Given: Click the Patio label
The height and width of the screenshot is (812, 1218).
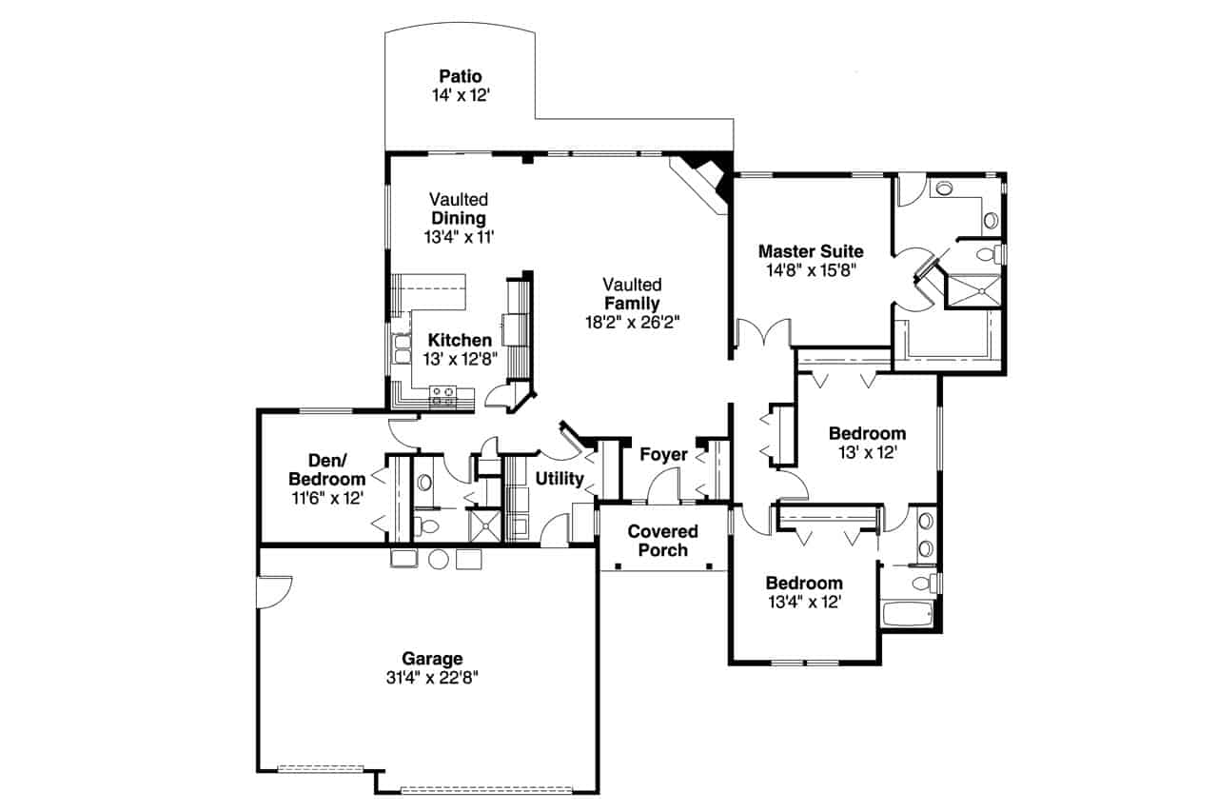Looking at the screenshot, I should [460, 76].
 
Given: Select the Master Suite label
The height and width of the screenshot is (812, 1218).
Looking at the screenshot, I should [811, 251].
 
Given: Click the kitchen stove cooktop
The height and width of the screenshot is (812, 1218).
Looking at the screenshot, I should [442, 396].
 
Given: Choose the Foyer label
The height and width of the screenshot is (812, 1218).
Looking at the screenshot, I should [663, 455].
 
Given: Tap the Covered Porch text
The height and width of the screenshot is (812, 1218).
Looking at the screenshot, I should [662, 541].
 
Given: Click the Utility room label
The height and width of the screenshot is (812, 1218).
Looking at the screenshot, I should [559, 478].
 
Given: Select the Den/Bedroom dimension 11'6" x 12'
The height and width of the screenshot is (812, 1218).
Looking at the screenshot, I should [326, 497].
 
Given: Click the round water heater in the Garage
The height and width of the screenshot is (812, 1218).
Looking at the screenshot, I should [438, 559].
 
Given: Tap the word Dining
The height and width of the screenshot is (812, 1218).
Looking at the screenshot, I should [458, 218].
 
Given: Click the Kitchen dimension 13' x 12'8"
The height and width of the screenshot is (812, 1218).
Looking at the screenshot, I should [460, 359].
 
